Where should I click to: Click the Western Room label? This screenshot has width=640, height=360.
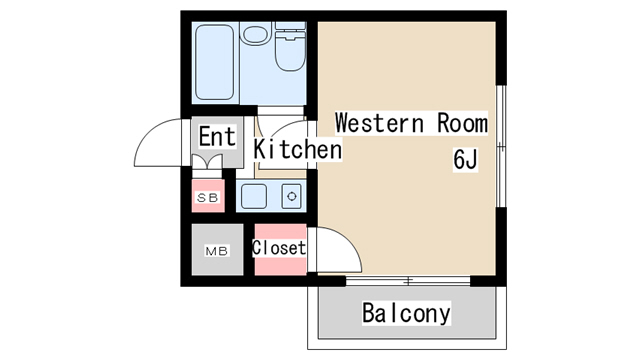click(411, 122)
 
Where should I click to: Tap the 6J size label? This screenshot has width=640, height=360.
click(465, 159)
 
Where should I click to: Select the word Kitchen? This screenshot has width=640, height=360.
click(298, 149)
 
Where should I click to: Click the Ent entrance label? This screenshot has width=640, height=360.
click(217, 136)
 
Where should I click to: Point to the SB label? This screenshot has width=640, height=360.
click(208, 198)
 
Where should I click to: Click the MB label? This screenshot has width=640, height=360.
click(217, 251)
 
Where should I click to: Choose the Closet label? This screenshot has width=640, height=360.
click(279, 248)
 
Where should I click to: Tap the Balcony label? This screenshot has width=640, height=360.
click(407, 313)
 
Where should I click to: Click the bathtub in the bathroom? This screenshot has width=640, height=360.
click(215, 62)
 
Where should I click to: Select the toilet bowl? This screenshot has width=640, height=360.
click(290, 53)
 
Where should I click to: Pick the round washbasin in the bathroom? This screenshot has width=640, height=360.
click(256, 35)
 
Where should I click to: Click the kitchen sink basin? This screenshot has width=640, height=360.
click(254, 196)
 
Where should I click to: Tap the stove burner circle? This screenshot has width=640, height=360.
click(292, 197)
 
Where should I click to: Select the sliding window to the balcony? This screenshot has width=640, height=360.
click(408, 281)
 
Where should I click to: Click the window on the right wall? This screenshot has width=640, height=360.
click(501, 146)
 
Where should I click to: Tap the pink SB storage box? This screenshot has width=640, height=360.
click(208, 196)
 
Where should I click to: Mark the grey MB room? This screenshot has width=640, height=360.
click(218, 249)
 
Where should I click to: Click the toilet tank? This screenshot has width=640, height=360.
click(291, 25)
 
